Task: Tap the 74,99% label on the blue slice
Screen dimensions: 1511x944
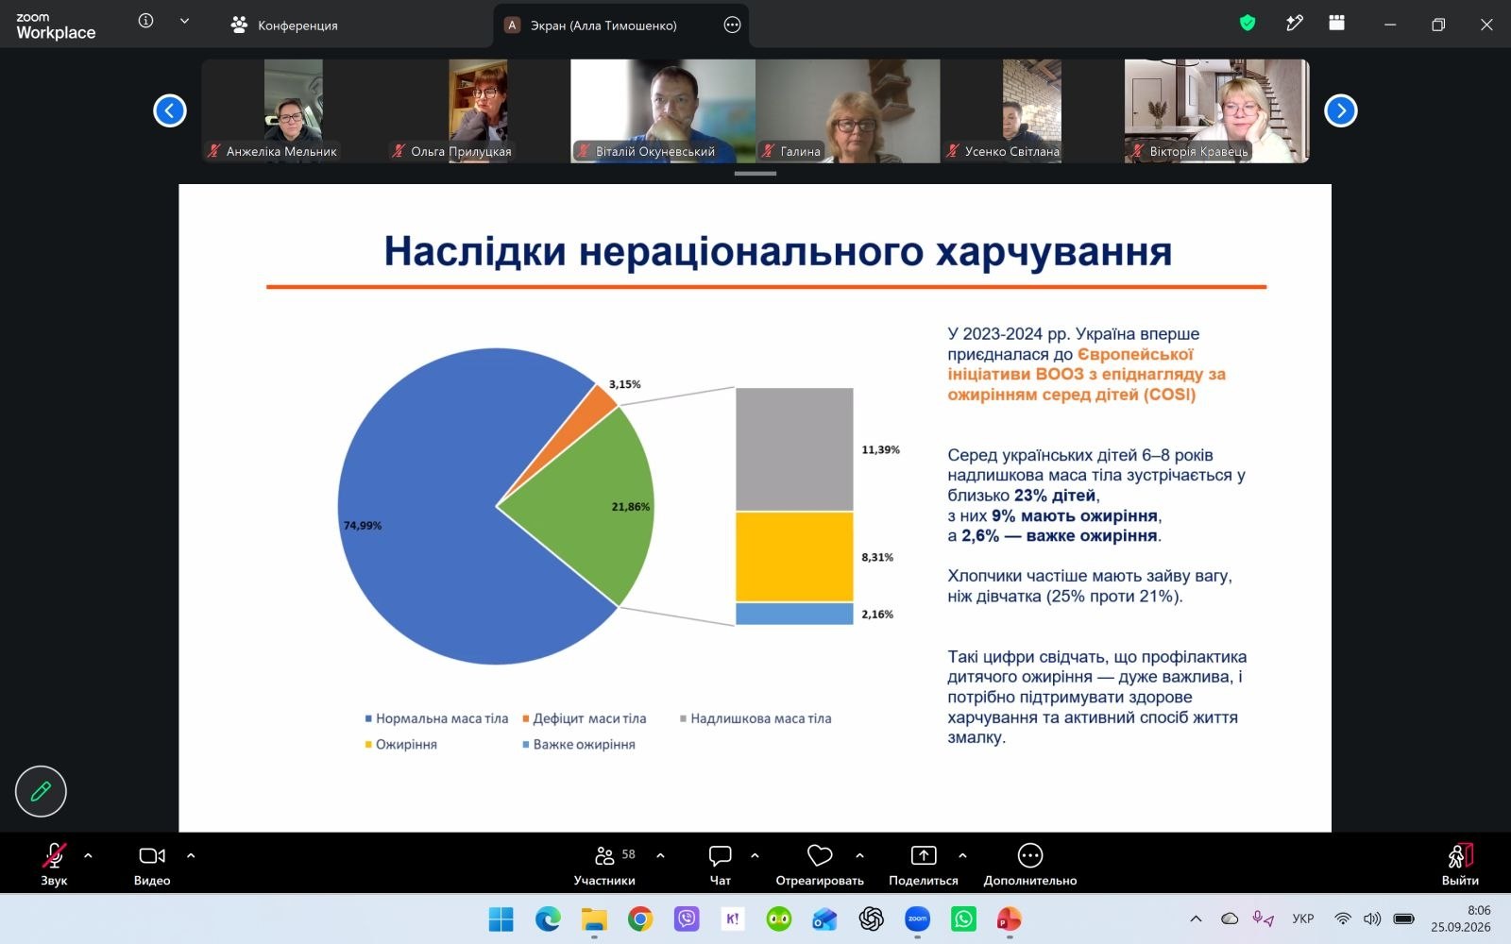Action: click(363, 525)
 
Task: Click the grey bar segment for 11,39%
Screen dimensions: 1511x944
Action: click(794, 449)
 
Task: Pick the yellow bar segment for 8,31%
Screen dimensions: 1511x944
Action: click(794, 556)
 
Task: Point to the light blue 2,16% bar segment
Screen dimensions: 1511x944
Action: click(794, 614)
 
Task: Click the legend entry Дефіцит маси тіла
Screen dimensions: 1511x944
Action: click(585, 718)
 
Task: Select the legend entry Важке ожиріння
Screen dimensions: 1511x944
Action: click(579, 745)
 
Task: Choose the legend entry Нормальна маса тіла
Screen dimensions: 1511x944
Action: click(436, 718)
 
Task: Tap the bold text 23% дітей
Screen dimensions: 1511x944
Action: click(1054, 496)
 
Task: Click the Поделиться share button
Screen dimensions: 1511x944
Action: click(923, 865)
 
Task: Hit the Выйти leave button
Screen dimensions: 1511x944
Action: click(1460, 865)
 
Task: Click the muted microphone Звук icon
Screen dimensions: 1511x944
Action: click(54, 855)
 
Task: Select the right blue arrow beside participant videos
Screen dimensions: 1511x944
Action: click(1340, 110)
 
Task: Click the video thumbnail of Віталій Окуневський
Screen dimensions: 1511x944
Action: click(662, 110)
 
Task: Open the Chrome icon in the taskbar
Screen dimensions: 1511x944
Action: click(640, 919)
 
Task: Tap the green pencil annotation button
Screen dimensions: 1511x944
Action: click(41, 792)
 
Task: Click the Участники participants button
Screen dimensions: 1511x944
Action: click(604, 865)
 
